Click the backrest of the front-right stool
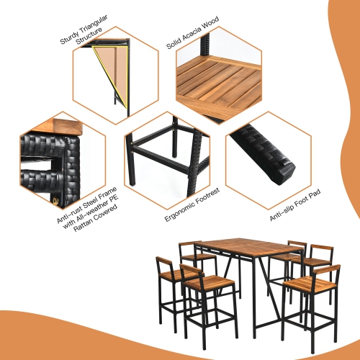tap(327, 270)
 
